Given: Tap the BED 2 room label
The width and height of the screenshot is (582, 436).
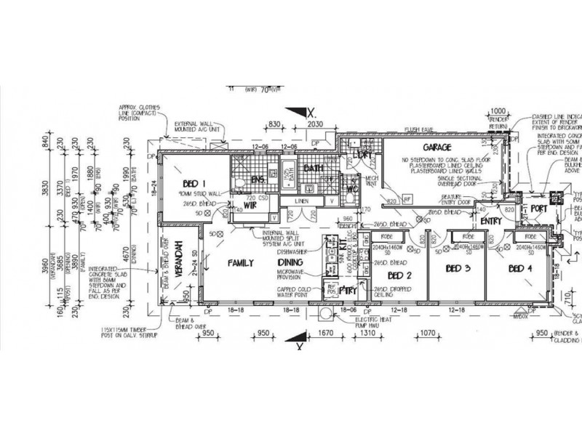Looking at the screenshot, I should [400, 276].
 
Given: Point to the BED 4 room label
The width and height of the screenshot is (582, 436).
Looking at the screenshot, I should [519, 270].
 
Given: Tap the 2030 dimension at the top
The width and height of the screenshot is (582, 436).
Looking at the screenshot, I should [314, 124].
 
